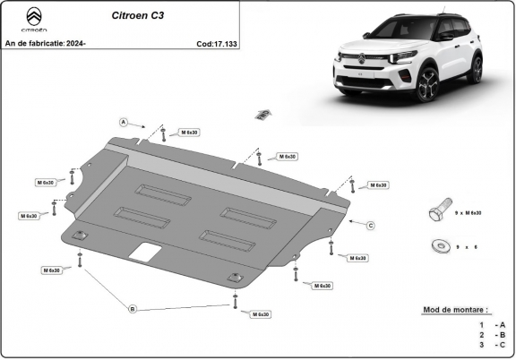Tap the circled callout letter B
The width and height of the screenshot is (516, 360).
click(x=133, y=309)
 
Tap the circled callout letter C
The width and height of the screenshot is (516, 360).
click(x=370, y=224)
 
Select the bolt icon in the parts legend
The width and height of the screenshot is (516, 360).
click(x=436, y=213)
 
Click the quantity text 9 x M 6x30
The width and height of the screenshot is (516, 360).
click(x=469, y=213)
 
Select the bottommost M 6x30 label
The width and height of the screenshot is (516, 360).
click(x=261, y=314)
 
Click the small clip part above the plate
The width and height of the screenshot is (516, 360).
click(x=262, y=114)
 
